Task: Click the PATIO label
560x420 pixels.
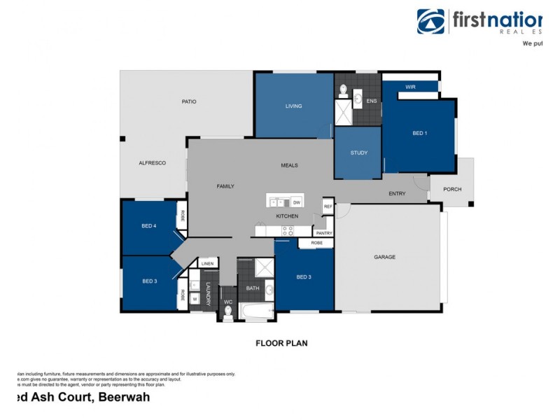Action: pyautogui.click(x=189, y=101)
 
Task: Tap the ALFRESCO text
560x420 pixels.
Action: pyautogui.click(x=152, y=162)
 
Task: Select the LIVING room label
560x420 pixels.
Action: pyautogui.click(x=293, y=106)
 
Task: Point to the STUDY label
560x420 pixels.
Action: pyautogui.click(x=358, y=153)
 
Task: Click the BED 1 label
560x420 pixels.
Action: pyautogui.click(x=419, y=133)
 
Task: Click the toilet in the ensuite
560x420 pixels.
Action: pyautogui.click(x=344, y=90)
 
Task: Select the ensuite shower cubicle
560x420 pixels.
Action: pyautogui.click(x=344, y=113)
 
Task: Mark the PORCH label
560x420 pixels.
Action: pyautogui.click(x=452, y=189)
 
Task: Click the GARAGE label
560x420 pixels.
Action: pyautogui.click(x=384, y=257)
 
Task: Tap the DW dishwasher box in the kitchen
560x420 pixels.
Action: pyautogui.click(x=296, y=202)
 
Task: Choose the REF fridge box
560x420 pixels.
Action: pyautogui.click(x=327, y=206)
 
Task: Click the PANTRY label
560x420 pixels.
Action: pyautogui.click(x=323, y=232)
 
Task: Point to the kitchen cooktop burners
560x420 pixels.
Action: pyautogui.click(x=287, y=230)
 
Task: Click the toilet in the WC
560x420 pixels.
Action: pyautogui.click(x=227, y=310)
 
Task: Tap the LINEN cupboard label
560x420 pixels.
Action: pyautogui.click(x=206, y=263)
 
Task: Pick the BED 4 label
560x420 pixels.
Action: pyautogui.click(x=148, y=225)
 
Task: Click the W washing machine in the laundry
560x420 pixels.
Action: pyautogui.click(x=195, y=297)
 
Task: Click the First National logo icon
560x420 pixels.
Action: pyautogui.click(x=431, y=21)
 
